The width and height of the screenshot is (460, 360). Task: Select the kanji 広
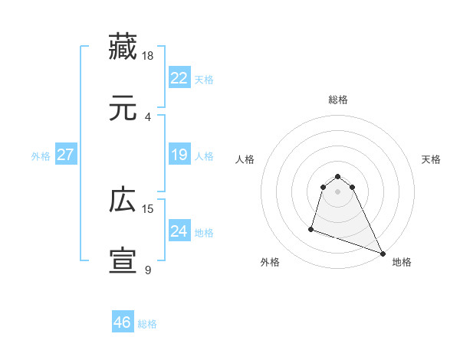[123, 200]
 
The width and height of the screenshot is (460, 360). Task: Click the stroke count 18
[148, 55]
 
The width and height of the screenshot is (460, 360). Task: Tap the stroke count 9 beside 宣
[148, 270]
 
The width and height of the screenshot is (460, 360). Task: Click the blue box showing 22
[179, 78]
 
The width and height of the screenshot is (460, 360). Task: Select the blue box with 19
[179, 155]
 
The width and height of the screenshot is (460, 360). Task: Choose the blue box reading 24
[179, 231]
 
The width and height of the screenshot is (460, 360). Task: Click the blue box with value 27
[65, 155]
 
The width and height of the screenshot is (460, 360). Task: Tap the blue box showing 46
[122, 322]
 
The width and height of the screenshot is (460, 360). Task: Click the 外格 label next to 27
[41, 156]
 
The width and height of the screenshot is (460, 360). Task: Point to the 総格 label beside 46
[147, 324]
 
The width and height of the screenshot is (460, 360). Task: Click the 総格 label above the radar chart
[338, 100]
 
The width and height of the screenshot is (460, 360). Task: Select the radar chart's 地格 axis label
[402, 263]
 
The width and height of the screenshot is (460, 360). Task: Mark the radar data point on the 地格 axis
[382, 254]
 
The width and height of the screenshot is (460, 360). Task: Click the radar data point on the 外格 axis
[311, 228]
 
